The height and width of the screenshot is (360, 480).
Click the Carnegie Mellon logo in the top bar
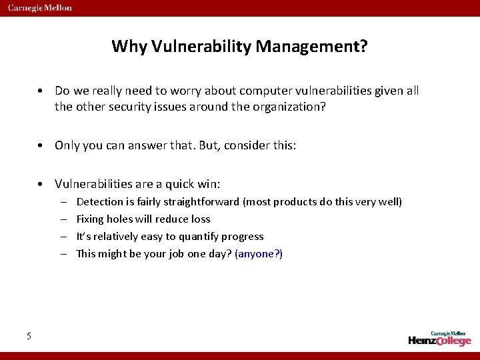(x=40, y=8)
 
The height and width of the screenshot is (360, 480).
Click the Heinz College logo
(x=439, y=338)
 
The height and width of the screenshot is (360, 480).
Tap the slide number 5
(x=29, y=336)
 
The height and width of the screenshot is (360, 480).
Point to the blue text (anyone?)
(x=259, y=253)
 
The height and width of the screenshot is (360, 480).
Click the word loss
(x=200, y=219)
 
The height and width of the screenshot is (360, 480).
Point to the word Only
(x=67, y=145)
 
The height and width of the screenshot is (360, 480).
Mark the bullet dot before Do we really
(x=41, y=91)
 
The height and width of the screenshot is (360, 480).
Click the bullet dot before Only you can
(x=41, y=145)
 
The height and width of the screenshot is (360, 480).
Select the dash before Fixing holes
(x=62, y=219)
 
